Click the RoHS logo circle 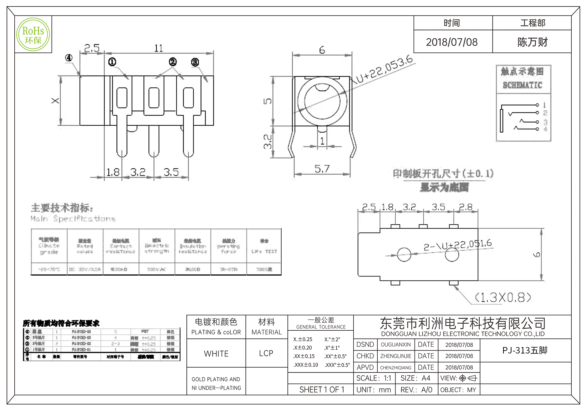(x=33, y=35)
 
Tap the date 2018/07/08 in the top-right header (x=452, y=42)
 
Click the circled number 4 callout (x=69, y=58)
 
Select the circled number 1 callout (x=112, y=62)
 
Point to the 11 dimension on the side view (x=159, y=48)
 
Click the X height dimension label (x=55, y=101)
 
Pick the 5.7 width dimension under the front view (x=322, y=169)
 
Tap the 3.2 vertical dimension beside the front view (x=268, y=141)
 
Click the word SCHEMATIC (x=522, y=85)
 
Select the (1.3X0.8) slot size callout (x=502, y=298)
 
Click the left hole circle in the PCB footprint (x=404, y=254)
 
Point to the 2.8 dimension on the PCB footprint (x=466, y=207)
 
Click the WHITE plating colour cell (x=216, y=354)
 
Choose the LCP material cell (x=266, y=353)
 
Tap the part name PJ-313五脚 (x=525, y=350)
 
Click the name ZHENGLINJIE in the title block (x=396, y=356)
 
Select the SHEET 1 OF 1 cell (x=321, y=390)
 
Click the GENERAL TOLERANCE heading (x=321, y=327)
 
